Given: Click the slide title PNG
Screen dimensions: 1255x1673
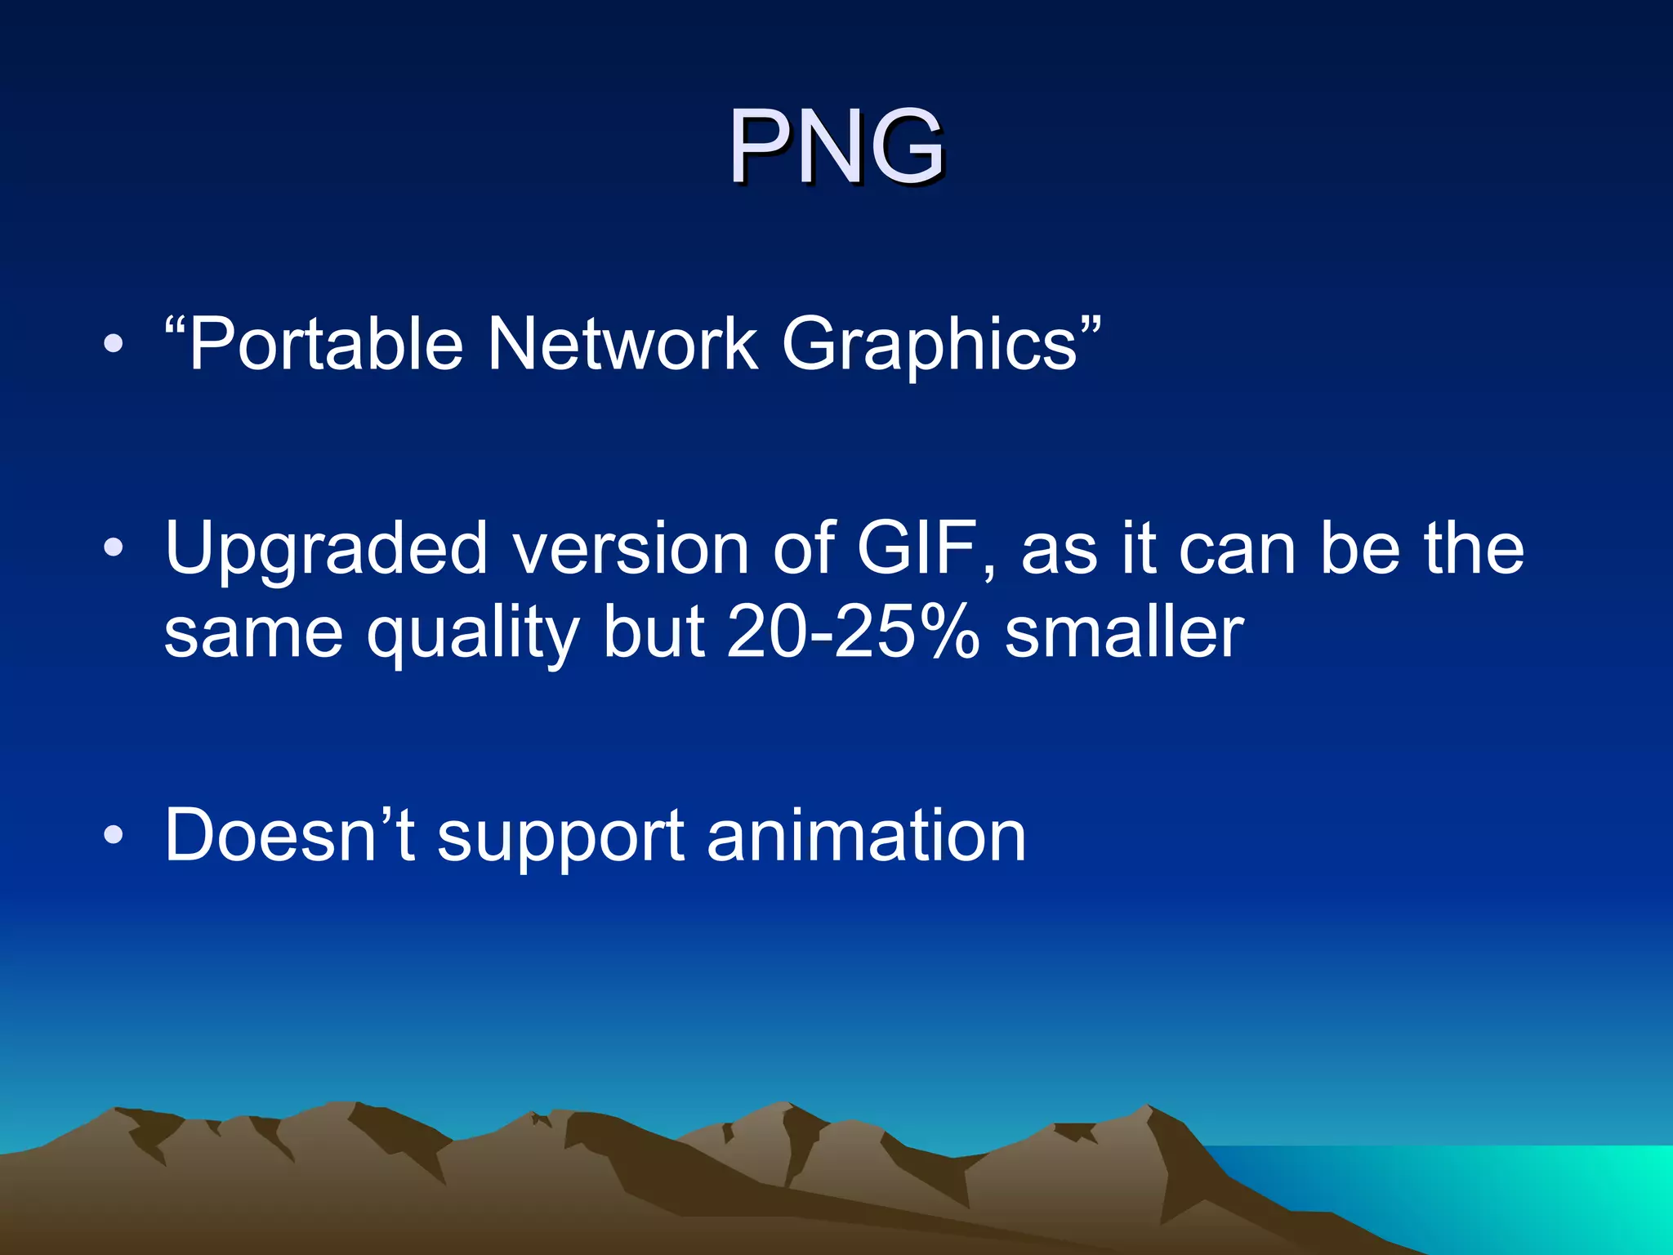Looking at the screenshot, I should click(x=836, y=147).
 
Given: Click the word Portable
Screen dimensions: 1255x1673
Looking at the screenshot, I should click(x=326, y=344).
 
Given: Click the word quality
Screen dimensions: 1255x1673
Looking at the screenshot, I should click(x=473, y=635).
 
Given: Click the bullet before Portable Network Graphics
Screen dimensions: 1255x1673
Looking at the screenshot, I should click(x=114, y=344).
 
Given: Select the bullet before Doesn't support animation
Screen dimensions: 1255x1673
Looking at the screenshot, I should click(x=114, y=835).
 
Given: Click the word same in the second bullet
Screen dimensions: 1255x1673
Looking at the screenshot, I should click(x=253, y=635).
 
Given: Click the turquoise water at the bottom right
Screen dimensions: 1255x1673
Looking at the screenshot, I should click(x=1511, y=1193).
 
